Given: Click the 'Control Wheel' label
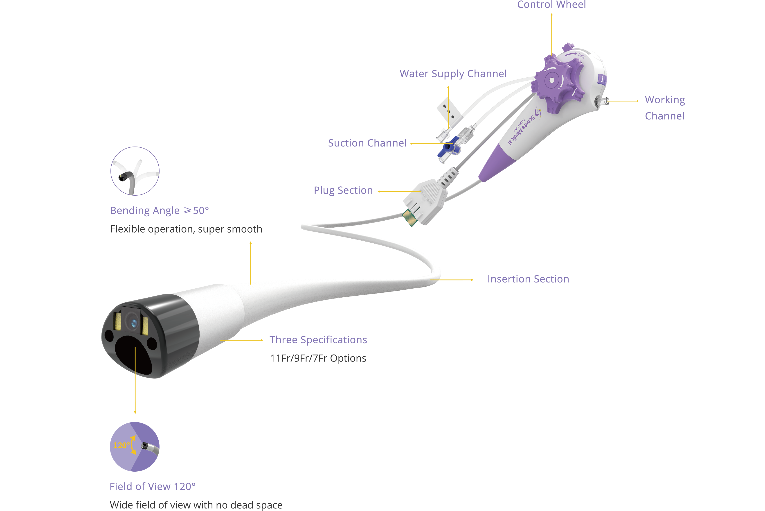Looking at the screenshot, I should pyautogui.click(x=551, y=4).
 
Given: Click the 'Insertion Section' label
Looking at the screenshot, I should pyautogui.click(x=528, y=279).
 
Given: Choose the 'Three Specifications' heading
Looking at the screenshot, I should pyautogui.click(x=318, y=340).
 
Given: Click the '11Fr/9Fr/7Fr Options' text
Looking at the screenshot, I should pyautogui.click(x=318, y=358).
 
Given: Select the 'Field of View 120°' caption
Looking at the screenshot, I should pyautogui.click(x=152, y=486).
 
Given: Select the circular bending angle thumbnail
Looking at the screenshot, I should pyautogui.click(x=135, y=171).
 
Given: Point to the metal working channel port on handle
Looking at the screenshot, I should pyautogui.click(x=603, y=101).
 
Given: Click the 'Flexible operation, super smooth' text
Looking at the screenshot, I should pyautogui.click(x=186, y=229).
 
